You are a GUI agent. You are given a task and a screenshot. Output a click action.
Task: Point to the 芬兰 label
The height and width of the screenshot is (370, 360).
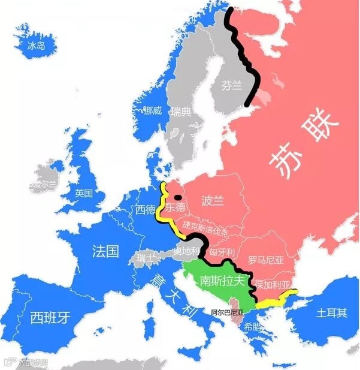pos(232,86)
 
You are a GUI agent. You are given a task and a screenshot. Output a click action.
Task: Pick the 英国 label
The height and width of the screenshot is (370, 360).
pos(84,193)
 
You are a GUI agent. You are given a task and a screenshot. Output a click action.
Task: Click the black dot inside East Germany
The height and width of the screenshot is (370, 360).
pos(177,196)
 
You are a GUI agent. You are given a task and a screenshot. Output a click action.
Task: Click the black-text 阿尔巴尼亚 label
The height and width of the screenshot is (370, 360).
pos(228,312)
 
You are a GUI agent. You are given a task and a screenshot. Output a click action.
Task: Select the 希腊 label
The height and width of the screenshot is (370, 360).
pos(252,327)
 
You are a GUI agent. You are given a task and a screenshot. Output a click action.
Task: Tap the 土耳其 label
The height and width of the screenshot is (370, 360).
pos(331,312)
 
